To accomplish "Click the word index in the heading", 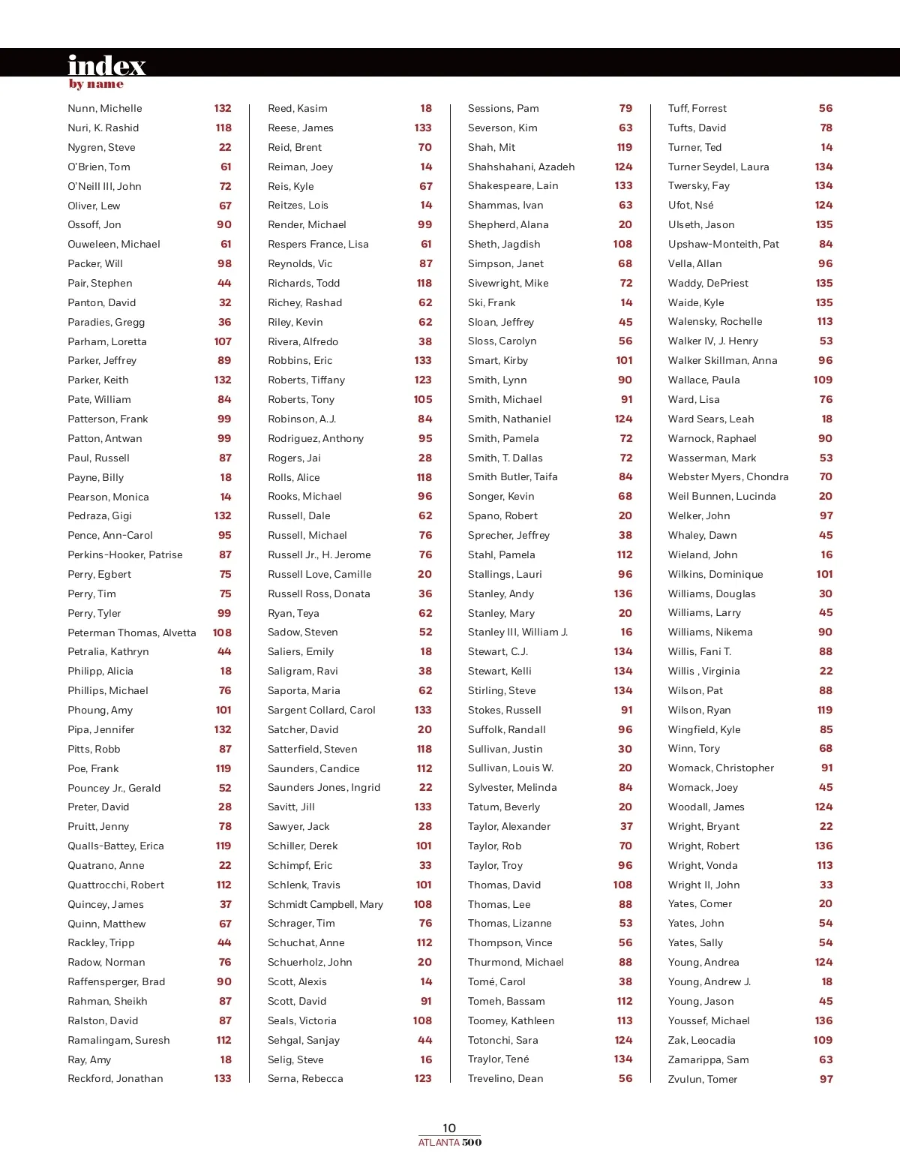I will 106,65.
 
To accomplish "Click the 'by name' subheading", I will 96,84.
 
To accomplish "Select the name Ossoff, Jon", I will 94,225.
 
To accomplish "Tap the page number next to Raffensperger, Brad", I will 224,981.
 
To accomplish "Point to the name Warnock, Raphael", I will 712,439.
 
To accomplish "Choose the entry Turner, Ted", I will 694,148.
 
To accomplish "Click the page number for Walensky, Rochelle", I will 825,322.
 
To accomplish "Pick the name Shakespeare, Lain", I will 513,186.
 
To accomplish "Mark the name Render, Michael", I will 307,225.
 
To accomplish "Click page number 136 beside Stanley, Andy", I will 623,594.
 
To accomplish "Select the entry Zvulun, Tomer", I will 703,1079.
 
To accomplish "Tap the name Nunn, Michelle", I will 105,109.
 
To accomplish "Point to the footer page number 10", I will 449,1128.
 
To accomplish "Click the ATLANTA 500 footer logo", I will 450,1143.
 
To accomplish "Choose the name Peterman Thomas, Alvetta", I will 132,633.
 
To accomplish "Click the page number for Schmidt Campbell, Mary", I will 423,904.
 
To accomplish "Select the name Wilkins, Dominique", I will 715,575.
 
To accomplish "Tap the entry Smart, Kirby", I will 498,361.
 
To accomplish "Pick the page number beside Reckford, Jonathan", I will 223,1078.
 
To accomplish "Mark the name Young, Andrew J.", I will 709,982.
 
